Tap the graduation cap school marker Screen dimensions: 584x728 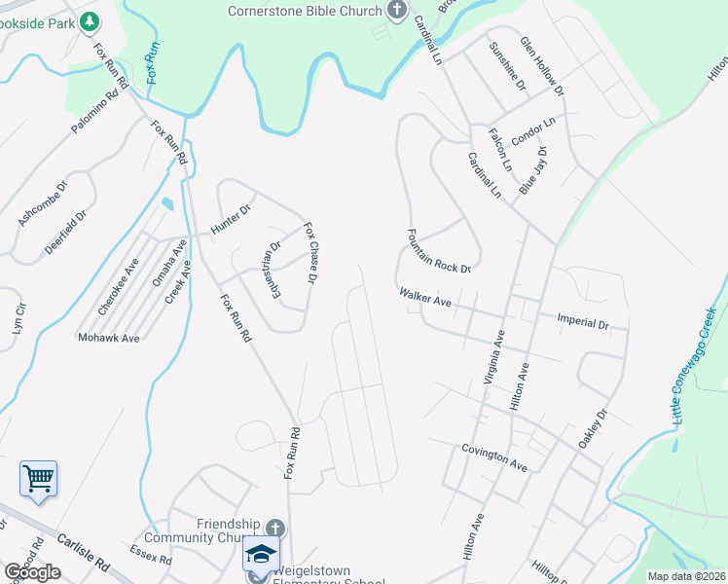260,553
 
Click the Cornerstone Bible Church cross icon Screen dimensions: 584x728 396,11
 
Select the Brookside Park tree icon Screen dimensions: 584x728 89,19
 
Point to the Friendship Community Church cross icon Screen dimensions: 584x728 280,525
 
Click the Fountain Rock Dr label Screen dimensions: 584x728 439,250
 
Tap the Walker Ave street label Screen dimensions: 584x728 424,297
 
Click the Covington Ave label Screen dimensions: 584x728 494,458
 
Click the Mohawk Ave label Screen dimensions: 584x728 109,338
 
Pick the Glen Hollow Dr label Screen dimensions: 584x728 542,66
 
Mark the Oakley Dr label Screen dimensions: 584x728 593,427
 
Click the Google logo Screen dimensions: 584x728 32,571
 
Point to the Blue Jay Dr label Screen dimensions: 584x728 534,171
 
